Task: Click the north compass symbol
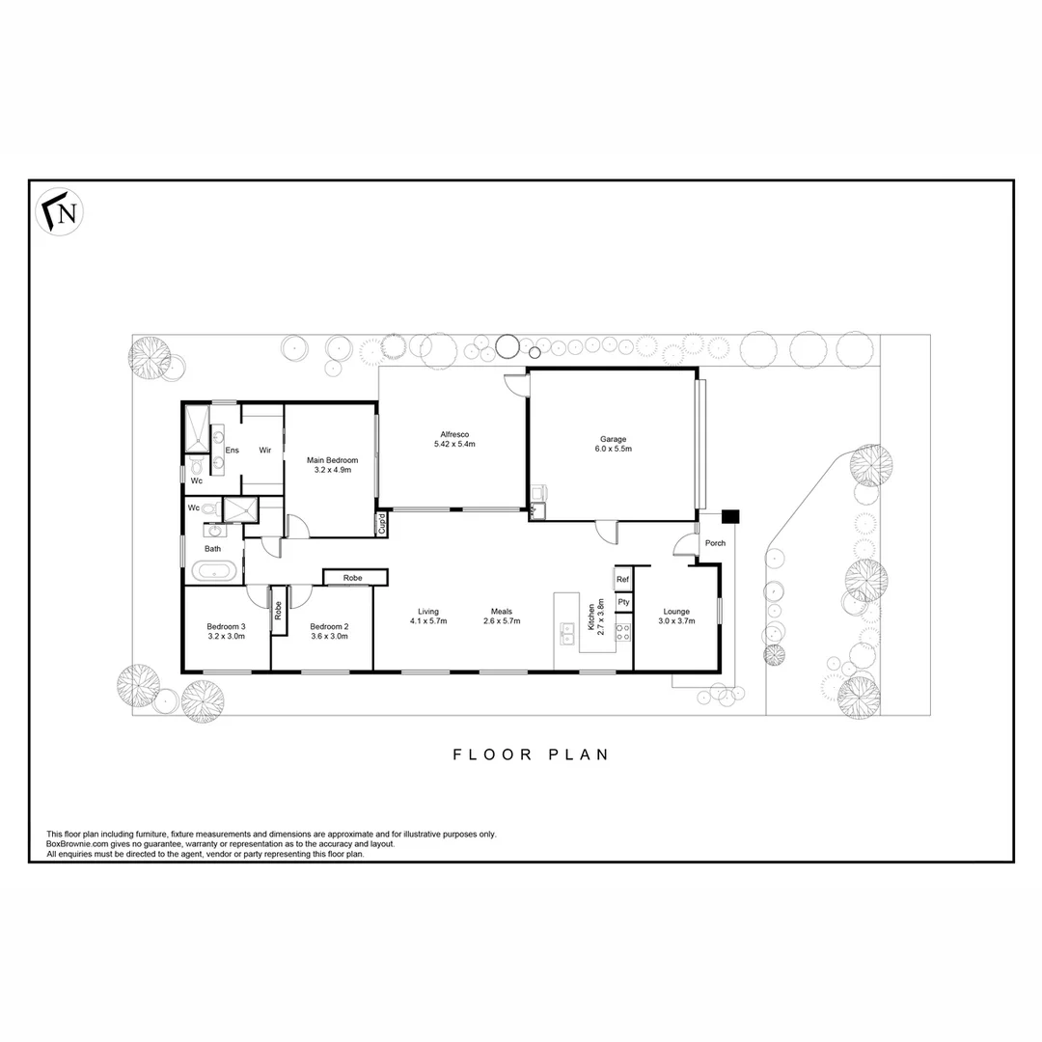click(x=61, y=212)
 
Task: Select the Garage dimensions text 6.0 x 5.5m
click(x=614, y=449)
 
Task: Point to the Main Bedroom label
click(x=332, y=460)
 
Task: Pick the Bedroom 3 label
click(x=227, y=626)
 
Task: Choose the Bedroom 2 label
click(x=330, y=626)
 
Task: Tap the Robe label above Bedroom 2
click(x=353, y=577)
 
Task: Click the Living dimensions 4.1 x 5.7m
click(x=428, y=621)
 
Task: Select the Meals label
click(x=502, y=611)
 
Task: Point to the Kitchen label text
click(x=591, y=615)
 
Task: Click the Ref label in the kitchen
click(x=623, y=579)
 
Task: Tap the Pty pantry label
click(x=623, y=602)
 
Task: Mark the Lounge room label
click(x=676, y=611)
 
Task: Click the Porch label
click(x=715, y=543)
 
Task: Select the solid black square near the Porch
click(x=730, y=516)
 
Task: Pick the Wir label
click(x=263, y=450)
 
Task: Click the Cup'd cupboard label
click(x=382, y=525)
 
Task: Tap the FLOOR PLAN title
click(x=532, y=754)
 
